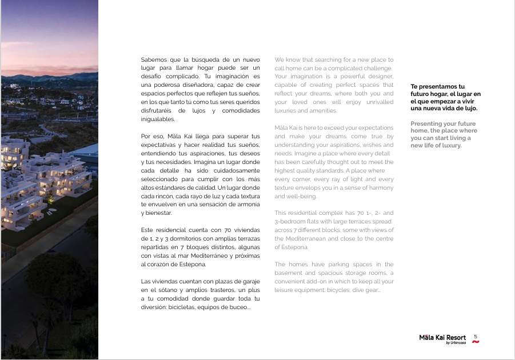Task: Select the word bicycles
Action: coord(341,290)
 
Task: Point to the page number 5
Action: coord(476,337)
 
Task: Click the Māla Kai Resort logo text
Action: coord(442,338)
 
